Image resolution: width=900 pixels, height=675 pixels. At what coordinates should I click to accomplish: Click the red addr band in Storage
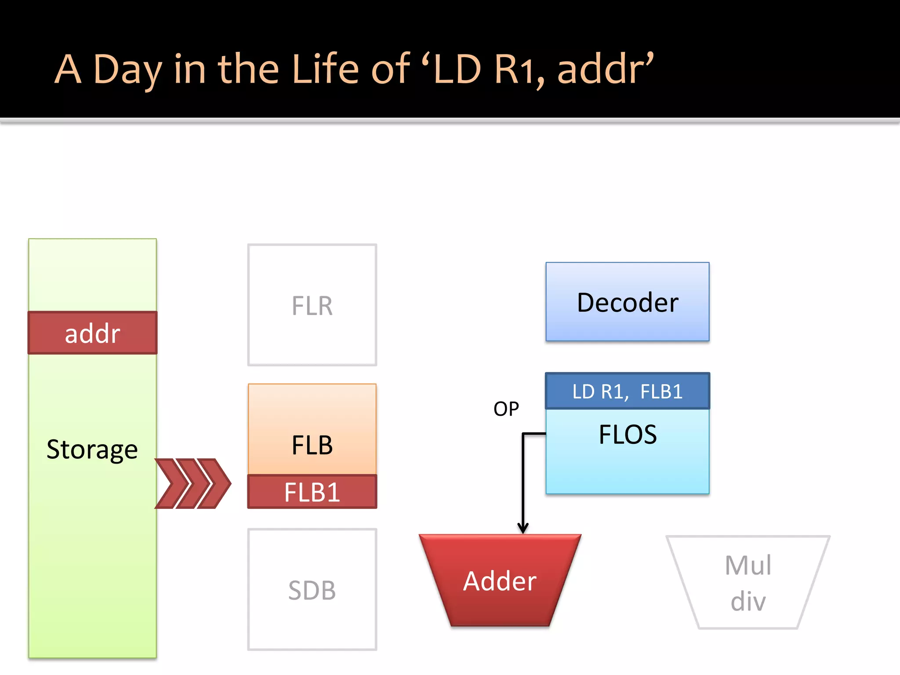[92, 333]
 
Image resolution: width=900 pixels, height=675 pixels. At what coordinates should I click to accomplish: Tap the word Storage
[92, 450]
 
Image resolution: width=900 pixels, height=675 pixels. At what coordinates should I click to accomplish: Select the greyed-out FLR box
[312, 305]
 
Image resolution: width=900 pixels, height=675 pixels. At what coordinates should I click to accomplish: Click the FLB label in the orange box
[312, 445]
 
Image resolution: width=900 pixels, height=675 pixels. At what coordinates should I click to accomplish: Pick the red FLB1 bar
[312, 492]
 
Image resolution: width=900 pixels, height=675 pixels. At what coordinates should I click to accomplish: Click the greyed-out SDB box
[312, 590]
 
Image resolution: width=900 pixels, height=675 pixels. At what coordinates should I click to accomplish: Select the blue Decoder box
[627, 302]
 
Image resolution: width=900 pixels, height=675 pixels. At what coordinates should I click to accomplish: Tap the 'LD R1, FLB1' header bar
[627, 391]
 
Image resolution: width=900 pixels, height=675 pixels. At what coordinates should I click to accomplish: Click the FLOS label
[628, 435]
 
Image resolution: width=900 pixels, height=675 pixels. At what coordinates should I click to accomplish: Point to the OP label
[506, 409]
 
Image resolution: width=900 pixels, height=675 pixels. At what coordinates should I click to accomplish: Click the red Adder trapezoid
[500, 581]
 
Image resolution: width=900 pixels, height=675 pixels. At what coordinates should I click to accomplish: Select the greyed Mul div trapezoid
[748, 582]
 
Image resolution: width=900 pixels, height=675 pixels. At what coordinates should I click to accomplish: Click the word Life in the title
[329, 69]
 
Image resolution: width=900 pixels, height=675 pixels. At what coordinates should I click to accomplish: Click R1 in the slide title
[519, 69]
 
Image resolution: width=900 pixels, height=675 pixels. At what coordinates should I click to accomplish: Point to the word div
[748, 601]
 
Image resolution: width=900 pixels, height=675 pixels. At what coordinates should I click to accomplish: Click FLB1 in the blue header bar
[661, 391]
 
